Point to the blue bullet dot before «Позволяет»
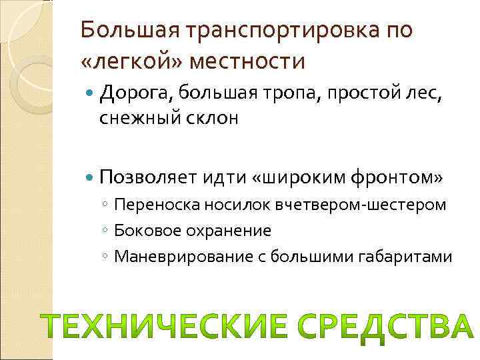click(90, 177)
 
